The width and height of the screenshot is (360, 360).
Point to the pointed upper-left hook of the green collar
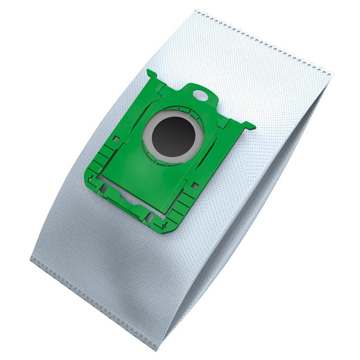pyautogui.click(x=150, y=72)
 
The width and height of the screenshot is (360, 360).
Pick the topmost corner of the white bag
pyautogui.click(x=196, y=10)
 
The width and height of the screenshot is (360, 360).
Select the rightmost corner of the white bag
pyautogui.click(x=332, y=74)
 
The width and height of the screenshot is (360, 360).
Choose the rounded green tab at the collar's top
pyautogui.click(x=201, y=92)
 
